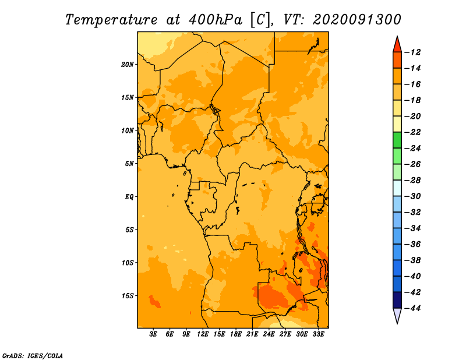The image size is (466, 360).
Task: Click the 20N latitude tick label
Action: (x=127, y=65)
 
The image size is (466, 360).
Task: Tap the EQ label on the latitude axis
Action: (x=129, y=197)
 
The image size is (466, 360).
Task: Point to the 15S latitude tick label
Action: (x=127, y=296)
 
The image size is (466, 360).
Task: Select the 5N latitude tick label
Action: (x=129, y=164)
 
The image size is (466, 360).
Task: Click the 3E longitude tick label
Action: (x=153, y=334)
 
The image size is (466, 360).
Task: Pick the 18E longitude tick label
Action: (x=236, y=334)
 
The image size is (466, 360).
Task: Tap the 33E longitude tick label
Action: (x=318, y=334)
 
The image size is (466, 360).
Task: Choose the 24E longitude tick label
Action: (x=269, y=334)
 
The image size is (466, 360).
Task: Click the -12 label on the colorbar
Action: (x=413, y=52)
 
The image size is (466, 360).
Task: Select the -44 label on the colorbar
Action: (x=413, y=308)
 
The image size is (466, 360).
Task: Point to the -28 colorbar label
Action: (x=413, y=181)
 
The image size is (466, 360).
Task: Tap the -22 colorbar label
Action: (x=413, y=132)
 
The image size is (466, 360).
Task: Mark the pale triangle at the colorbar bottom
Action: (x=397, y=315)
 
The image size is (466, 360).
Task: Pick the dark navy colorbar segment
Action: (x=397, y=300)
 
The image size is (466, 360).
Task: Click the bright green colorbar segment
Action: (x=397, y=140)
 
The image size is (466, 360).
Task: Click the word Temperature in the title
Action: (x=111, y=20)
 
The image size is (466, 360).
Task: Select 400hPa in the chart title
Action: (x=216, y=20)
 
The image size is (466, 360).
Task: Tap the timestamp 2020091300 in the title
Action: (x=357, y=20)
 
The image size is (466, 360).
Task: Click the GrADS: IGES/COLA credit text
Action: (x=33, y=356)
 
